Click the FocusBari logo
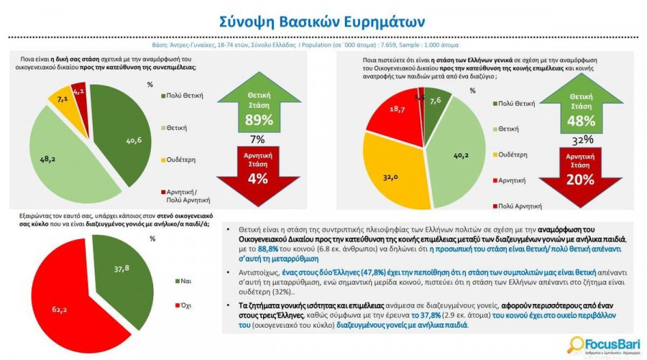[600, 343]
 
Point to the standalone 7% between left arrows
[257, 139]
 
